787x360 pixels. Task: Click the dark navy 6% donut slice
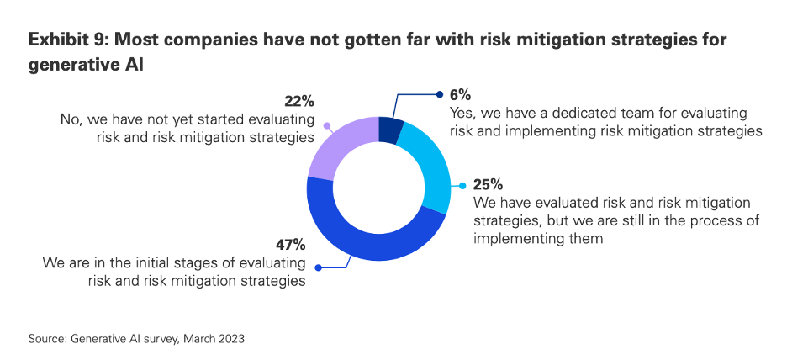(x=389, y=130)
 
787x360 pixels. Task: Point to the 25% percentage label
(x=489, y=184)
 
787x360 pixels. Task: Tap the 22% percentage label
(x=298, y=102)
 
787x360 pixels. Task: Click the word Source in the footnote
(x=46, y=338)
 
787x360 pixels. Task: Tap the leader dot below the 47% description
(x=318, y=268)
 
